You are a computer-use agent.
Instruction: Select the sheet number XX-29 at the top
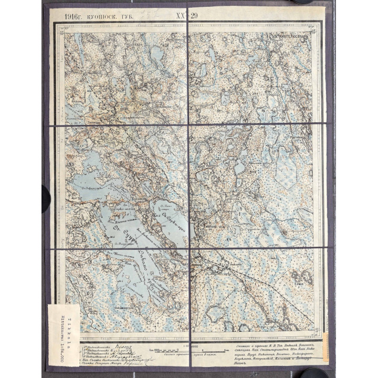click(x=187, y=16)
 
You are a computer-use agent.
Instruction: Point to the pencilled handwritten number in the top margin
click(x=139, y=15)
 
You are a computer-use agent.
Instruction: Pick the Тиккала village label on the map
click(x=212, y=222)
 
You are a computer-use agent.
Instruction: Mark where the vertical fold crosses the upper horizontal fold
click(x=188, y=124)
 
